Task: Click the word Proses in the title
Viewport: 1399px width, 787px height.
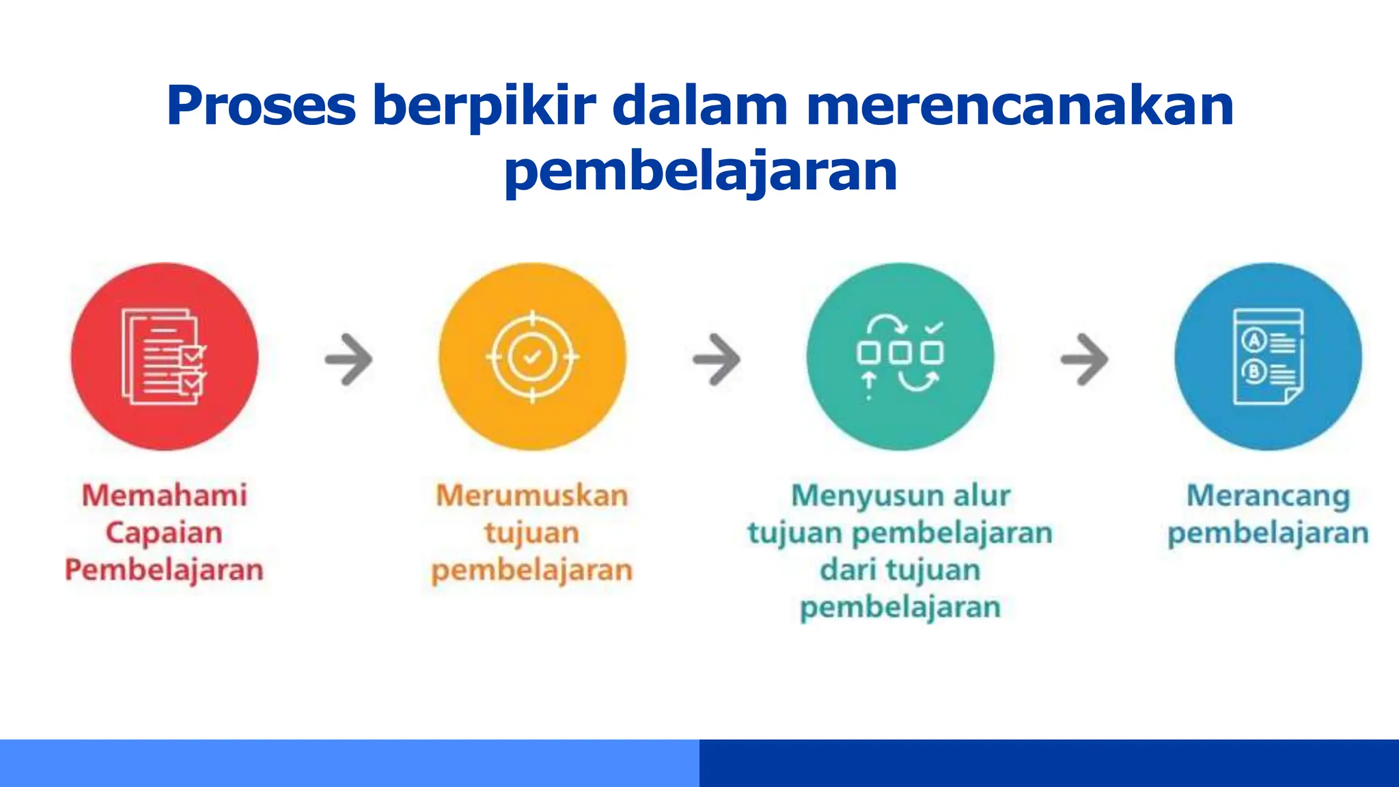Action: [x=261, y=106]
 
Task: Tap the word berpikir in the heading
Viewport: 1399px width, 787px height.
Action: [x=484, y=106]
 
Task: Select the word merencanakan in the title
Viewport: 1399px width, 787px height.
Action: [x=1020, y=106]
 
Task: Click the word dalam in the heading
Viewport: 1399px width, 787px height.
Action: [x=700, y=106]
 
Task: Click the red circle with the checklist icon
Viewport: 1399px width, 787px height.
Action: [x=165, y=357]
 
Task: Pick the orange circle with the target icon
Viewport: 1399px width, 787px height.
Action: [x=532, y=357]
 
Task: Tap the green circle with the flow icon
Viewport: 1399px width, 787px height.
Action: [x=900, y=357]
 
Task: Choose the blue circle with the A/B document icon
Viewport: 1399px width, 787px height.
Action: [x=1268, y=357]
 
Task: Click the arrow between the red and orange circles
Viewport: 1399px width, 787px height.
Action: [x=348, y=359]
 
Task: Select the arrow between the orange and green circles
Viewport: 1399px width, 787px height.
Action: [x=716, y=359]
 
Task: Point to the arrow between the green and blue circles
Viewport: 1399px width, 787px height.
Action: [x=1084, y=359]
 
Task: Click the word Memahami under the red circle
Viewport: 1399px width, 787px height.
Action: [x=165, y=495]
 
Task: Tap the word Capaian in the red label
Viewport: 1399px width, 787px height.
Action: [x=164, y=533]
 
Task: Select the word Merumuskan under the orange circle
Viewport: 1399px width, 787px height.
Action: [x=532, y=495]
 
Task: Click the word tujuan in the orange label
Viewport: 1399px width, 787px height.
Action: [x=532, y=533]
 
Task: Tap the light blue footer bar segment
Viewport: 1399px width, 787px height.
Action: [x=349, y=763]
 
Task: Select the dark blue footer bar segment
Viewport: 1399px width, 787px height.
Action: [x=1049, y=763]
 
